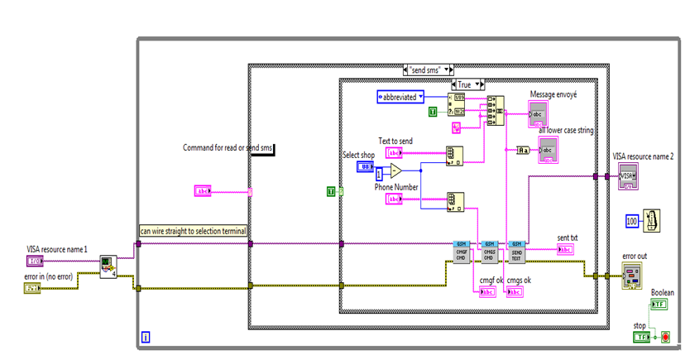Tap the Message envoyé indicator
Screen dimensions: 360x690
tap(538, 114)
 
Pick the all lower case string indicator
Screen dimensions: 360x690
tap(548, 150)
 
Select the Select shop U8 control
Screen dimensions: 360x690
tap(366, 166)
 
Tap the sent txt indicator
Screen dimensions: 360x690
tap(568, 249)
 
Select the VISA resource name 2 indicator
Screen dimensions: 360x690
tap(628, 176)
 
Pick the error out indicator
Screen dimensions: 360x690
tap(633, 276)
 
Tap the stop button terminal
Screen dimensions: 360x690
tap(642, 337)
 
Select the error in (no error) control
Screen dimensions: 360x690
tap(33, 288)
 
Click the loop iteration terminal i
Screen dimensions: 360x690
tap(146, 337)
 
